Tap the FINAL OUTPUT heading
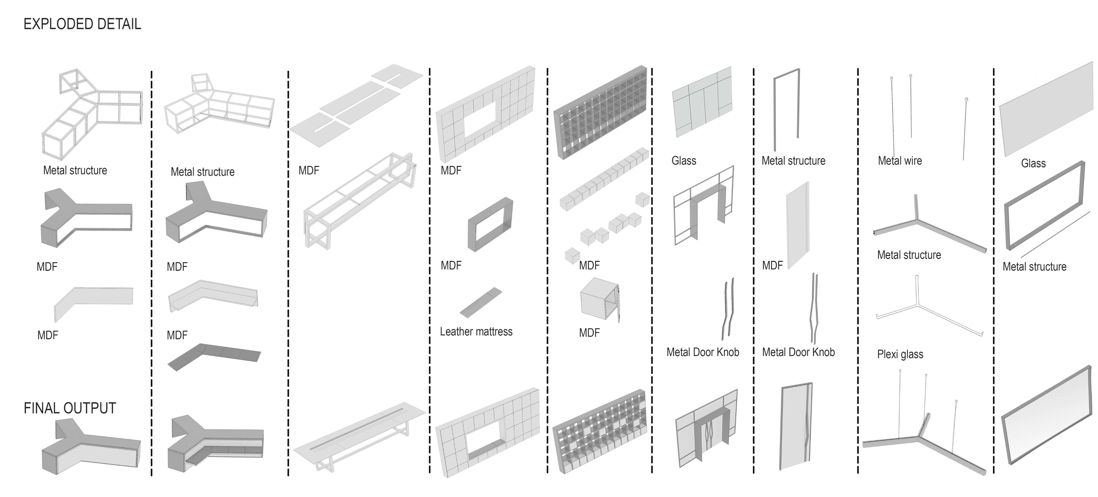click(70, 408)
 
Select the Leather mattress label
click(476, 332)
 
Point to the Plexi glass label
click(900, 354)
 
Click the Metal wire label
click(900, 161)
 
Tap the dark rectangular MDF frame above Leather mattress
click(490, 224)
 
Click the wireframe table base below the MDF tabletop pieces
click(358, 201)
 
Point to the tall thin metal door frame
click(786, 107)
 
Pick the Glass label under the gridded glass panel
click(684, 161)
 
